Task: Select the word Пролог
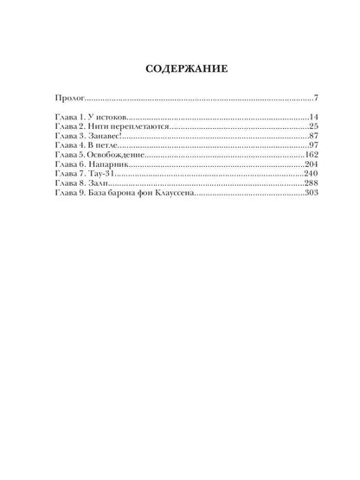(x=69, y=98)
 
